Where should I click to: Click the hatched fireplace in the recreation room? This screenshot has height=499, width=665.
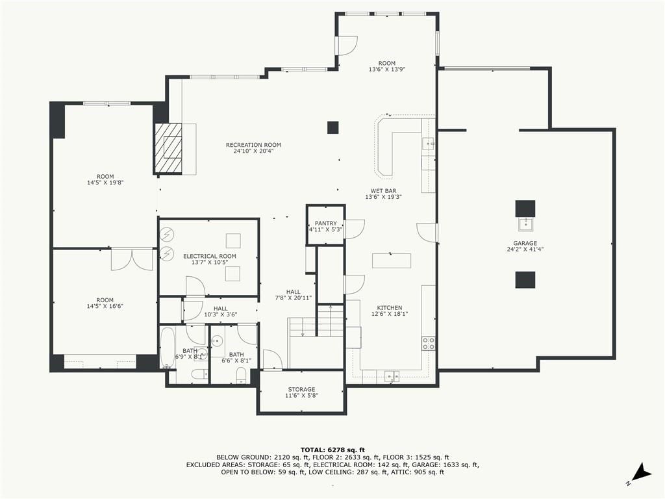[168, 148]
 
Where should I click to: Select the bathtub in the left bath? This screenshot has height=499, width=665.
[168, 348]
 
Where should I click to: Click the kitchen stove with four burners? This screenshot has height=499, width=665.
[429, 343]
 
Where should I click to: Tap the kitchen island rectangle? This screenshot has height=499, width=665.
[392, 261]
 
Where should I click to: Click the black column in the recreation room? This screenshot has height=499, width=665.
[333, 127]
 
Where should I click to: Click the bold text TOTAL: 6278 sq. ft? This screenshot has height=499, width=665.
[332, 450]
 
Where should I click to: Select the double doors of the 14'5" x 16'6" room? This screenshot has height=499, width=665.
[132, 260]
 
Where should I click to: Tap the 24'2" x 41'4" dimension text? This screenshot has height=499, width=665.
[525, 249]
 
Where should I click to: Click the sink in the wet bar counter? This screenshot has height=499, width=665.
[428, 144]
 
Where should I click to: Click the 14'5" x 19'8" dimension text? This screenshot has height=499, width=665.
[105, 183]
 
